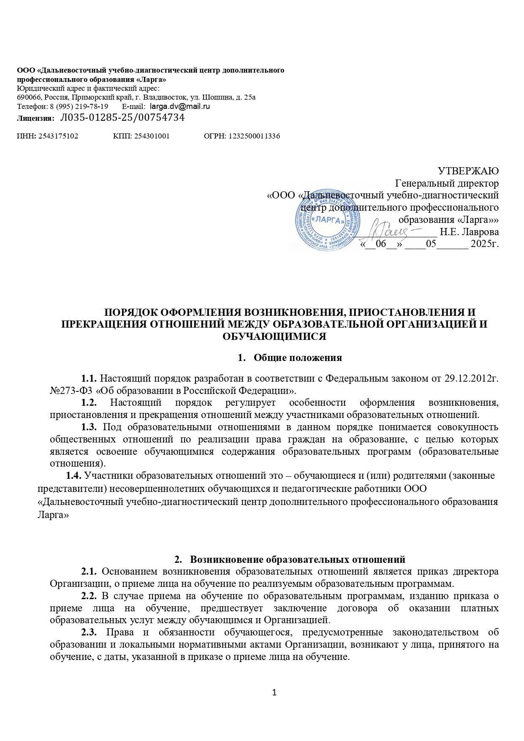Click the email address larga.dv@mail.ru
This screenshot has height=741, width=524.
(x=180, y=106)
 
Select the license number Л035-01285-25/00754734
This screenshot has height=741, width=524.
(x=122, y=118)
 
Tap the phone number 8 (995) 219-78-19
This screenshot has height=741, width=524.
(x=79, y=106)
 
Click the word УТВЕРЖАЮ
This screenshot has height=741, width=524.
(x=468, y=171)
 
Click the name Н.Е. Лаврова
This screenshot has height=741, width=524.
(x=469, y=232)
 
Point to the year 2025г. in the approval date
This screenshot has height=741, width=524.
(x=485, y=244)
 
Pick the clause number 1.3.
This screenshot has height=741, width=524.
(x=90, y=427)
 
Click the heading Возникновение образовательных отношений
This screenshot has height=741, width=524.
(x=298, y=559)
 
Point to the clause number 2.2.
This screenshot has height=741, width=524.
(x=90, y=596)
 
